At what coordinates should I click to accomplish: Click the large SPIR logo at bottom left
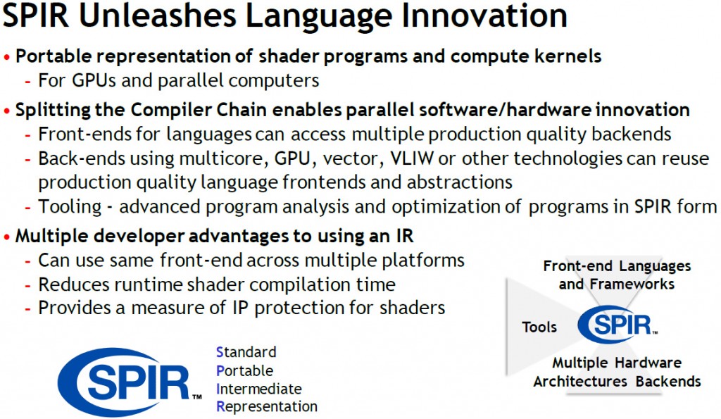(x=130, y=382)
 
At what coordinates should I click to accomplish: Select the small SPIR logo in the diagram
(x=617, y=324)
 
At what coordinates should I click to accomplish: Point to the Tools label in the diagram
(x=539, y=327)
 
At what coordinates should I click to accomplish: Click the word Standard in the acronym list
(x=246, y=352)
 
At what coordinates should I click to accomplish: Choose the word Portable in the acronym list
(x=244, y=370)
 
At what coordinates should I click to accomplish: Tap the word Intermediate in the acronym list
(x=259, y=389)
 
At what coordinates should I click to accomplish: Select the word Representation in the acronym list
(x=267, y=406)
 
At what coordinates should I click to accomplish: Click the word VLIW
(x=412, y=158)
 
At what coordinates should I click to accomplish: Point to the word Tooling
(x=70, y=207)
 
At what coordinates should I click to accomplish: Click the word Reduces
(x=73, y=284)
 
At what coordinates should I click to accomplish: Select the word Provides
(x=75, y=308)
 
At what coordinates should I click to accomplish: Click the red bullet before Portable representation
(x=6, y=57)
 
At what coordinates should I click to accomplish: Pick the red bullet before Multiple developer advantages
(x=6, y=237)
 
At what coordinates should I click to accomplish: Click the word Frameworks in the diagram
(x=632, y=284)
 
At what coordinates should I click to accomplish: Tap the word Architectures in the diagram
(x=580, y=381)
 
